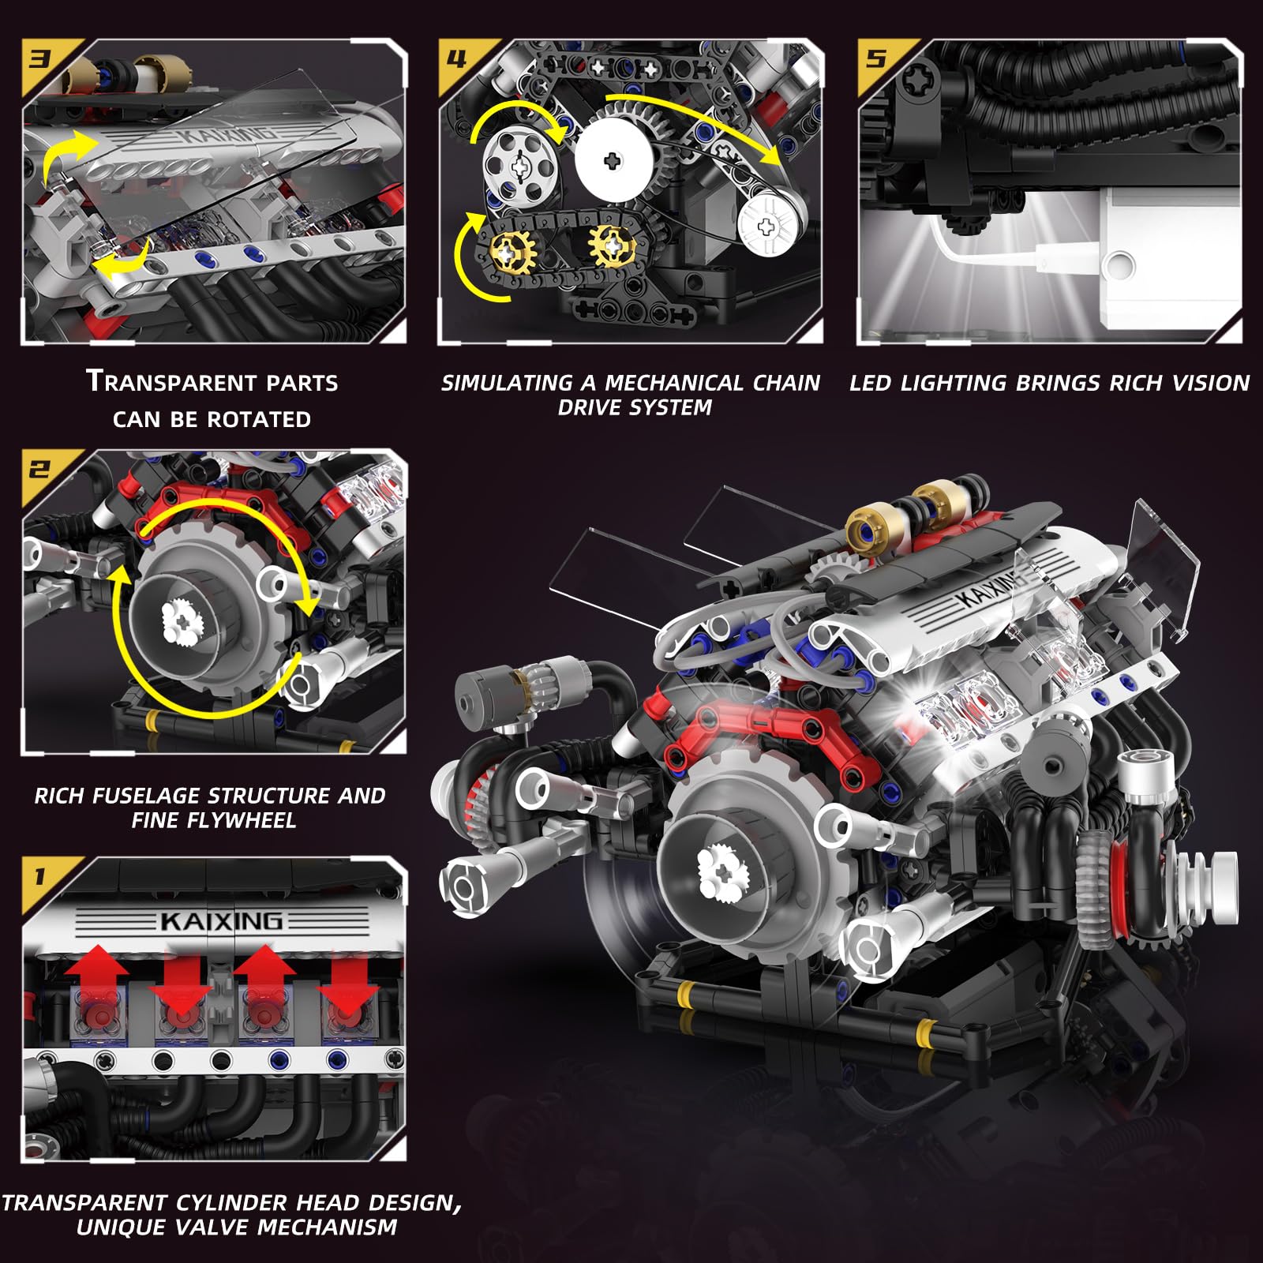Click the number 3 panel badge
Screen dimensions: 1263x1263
click(x=39, y=59)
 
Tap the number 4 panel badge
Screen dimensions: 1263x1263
click(x=456, y=59)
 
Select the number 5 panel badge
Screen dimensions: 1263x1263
click(x=875, y=59)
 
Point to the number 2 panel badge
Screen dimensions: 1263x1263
click(x=39, y=470)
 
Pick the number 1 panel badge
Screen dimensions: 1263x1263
click(x=39, y=876)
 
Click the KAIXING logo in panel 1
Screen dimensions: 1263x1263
click(x=221, y=921)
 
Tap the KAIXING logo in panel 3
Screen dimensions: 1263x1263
click(x=229, y=136)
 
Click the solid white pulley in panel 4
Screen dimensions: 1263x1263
click(x=613, y=161)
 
